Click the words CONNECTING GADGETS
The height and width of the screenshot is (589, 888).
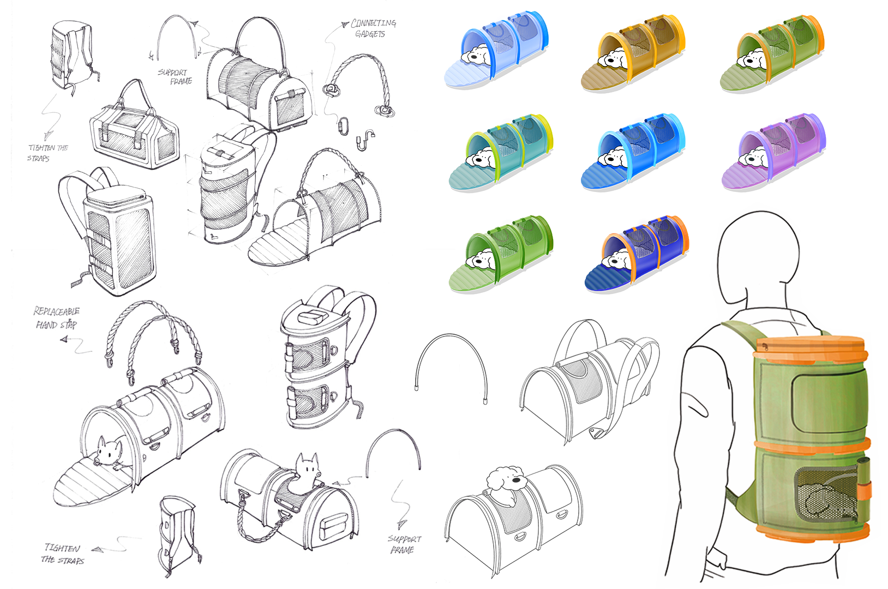click(373, 28)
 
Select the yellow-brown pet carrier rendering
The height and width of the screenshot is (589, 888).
click(633, 52)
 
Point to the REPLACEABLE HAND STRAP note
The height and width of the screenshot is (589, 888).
click(56, 318)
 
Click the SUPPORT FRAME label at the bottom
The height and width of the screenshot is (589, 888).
click(404, 544)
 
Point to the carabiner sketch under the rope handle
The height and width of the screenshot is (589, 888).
click(343, 125)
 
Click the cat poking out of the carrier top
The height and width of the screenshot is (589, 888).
click(307, 468)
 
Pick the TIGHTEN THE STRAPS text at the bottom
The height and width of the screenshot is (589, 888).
click(63, 554)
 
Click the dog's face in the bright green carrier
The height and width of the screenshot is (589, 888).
click(483, 260)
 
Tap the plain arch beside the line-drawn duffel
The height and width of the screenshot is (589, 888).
click(451, 368)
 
